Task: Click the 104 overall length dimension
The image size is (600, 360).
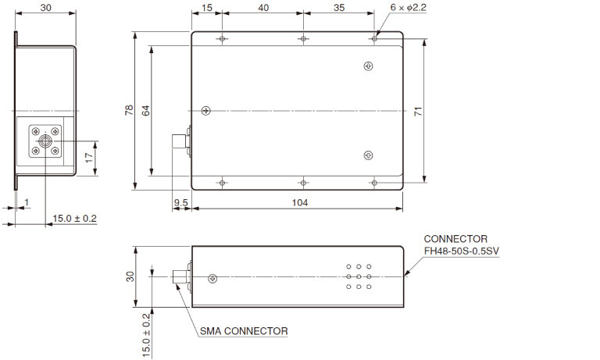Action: pos(300,202)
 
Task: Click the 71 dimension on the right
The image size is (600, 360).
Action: pos(418,112)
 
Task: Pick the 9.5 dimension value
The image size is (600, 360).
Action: pos(180,202)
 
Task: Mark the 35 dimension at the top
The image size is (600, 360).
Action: pos(339,9)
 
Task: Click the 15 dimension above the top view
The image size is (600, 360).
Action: pos(207,9)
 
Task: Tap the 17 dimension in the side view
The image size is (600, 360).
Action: pos(90,156)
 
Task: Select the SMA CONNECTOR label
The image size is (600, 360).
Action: pos(243,331)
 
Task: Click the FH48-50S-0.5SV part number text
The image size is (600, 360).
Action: pos(462,250)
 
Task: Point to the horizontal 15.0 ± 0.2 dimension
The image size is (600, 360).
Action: pos(74,219)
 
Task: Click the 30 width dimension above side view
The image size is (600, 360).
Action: pos(46,7)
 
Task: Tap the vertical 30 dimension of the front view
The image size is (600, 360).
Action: pos(130,276)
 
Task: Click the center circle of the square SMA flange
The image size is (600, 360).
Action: pos(45,141)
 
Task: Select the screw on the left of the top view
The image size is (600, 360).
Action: pos(205,110)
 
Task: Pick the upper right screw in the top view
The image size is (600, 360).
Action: pos(369,67)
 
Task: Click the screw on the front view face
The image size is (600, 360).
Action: pos(213,278)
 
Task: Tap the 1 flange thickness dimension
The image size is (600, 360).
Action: pos(26,203)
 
